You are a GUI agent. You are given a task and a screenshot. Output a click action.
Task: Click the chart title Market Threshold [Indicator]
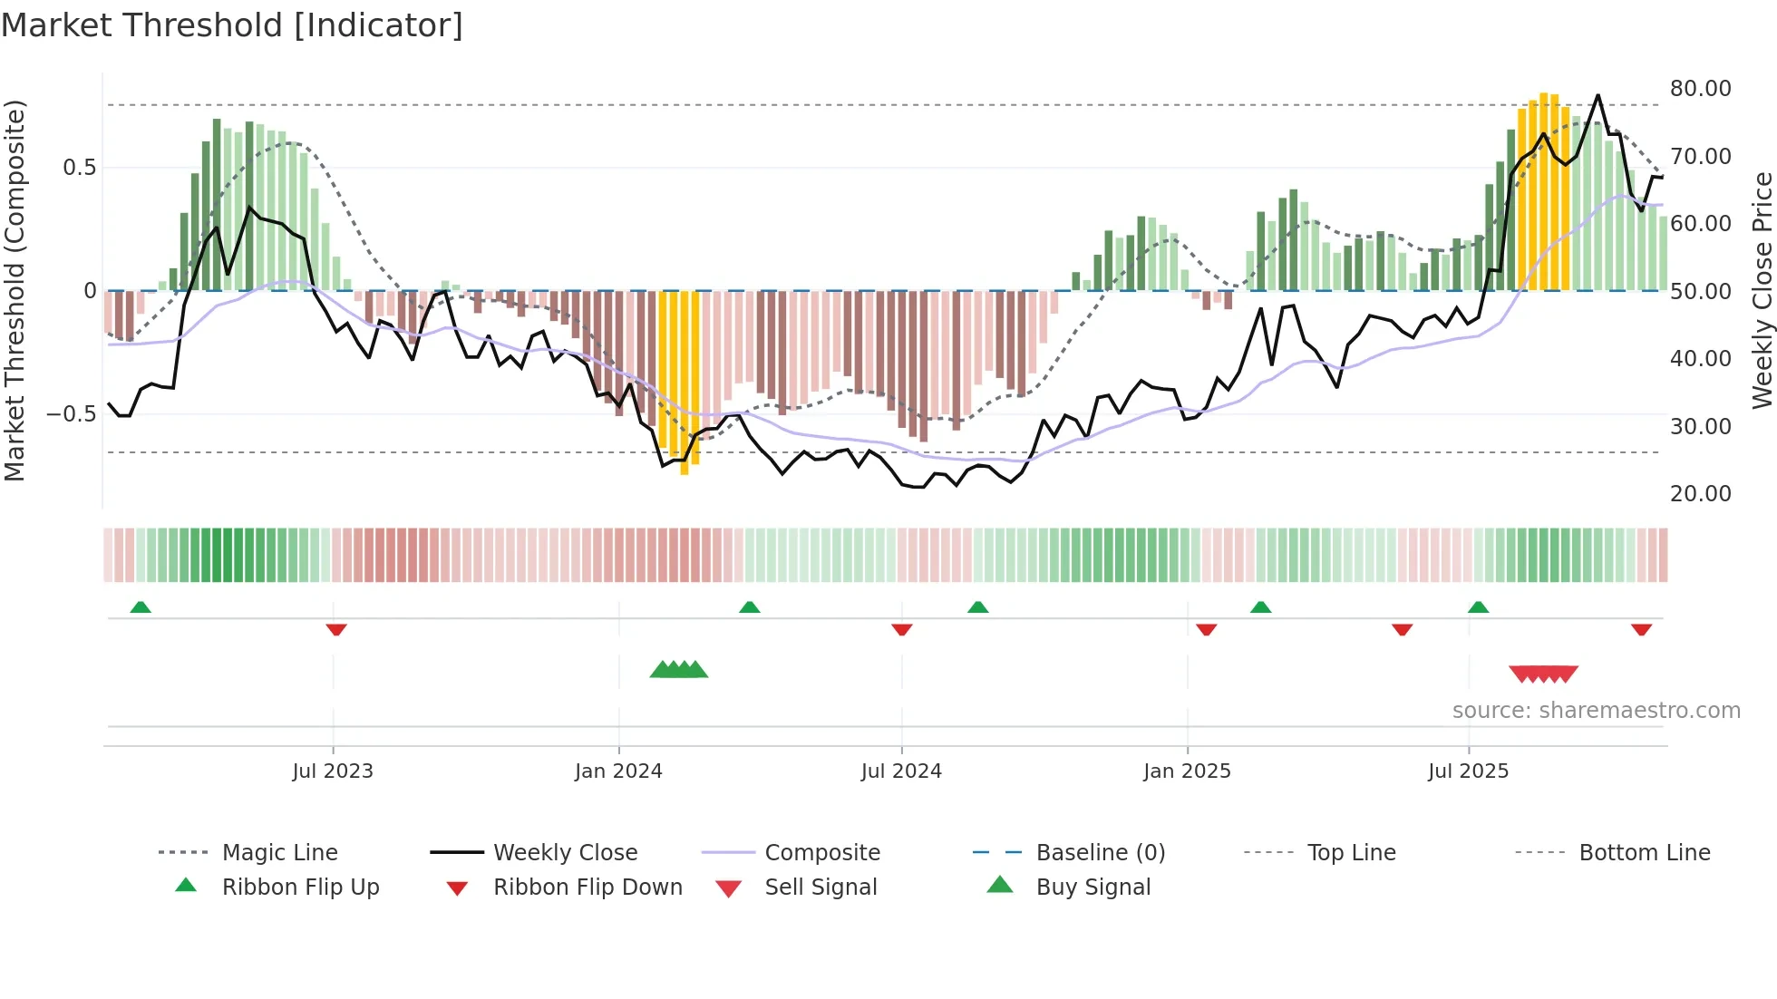click(x=232, y=25)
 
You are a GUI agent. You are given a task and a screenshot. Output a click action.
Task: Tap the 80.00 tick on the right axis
click(x=1700, y=89)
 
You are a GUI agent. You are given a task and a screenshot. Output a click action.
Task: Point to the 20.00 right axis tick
click(x=1700, y=494)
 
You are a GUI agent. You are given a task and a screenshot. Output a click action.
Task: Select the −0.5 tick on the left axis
click(x=71, y=414)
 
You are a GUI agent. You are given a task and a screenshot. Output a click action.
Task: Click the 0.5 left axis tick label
click(x=79, y=168)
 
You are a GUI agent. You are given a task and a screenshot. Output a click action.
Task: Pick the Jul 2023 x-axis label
click(x=333, y=771)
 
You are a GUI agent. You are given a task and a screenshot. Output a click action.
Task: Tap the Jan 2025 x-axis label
click(x=1187, y=771)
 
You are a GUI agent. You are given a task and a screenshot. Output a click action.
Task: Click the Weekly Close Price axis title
click(x=1762, y=290)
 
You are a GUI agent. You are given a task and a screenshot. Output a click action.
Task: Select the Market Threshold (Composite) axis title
click(x=15, y=290)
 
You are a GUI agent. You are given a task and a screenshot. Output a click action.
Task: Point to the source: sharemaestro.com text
click(x=1596, y=711)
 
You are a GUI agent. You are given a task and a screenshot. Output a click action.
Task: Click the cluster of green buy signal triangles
click(x=679, y=670)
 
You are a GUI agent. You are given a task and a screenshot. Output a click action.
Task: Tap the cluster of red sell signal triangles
click(x=1543, y=674)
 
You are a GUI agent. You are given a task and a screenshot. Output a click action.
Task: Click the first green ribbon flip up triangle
click(x=141, y=607)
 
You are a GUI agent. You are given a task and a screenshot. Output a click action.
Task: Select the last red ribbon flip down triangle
click(x=1641, y=629)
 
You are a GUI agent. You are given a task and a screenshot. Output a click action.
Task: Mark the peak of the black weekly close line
click(x=1597, y=95)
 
